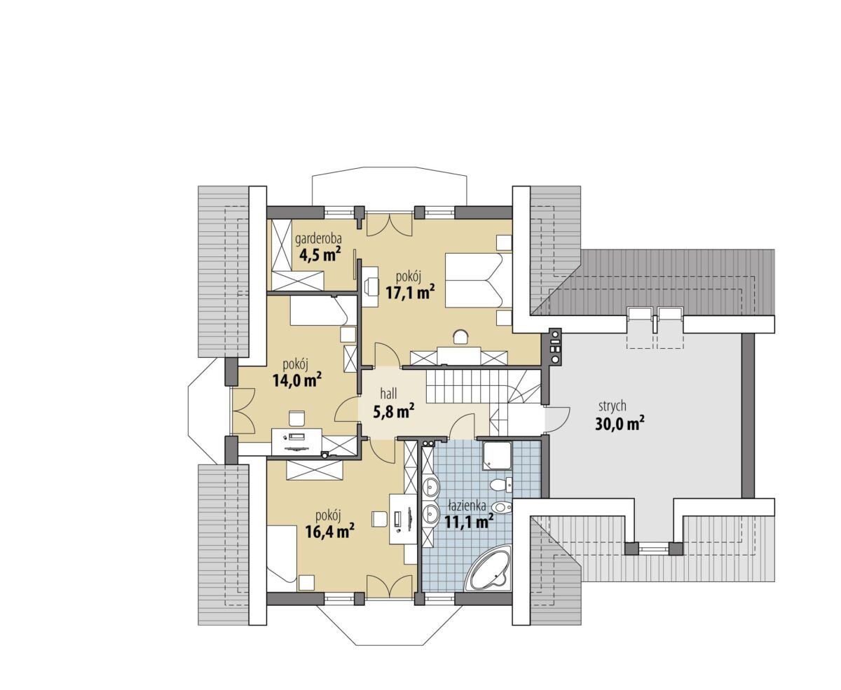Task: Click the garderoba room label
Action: pyautogui.click(x=317, y=239)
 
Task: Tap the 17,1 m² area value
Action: pyautogui.click(x=410, y=293)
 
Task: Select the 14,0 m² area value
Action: pyautogui.click(x=297, y=380)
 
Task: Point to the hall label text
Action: pyautogui.click(x=388, y=394)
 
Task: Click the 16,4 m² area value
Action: pyautogui.click(x=330, y=532)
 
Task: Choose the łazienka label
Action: pyautogui.click(x=467, y=506)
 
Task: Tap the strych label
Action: pyautogui.click(x=612, y=406)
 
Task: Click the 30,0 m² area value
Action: pyautogui.click(x=620, y=424)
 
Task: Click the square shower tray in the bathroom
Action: pyautogui.click(x=497, y=455)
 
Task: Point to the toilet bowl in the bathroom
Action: pyautogui.click(x=500, y=484)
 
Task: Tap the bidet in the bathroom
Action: pyautogui.click(x=502, y=507)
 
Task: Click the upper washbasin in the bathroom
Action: pyautogui.click(x=431, y=486)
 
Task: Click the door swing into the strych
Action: pyautogui.click(x=557, y=420)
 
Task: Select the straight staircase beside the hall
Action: pyautogui.click(x=458, y=386)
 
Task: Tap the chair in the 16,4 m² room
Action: pyautogui.click(x=379, y=519)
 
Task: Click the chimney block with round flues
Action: pyautogui.click(x=554, y=346)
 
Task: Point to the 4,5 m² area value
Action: pyautogui.click(x=320, y=254)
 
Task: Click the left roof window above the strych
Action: pyautogui.click(x=641, y=314)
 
